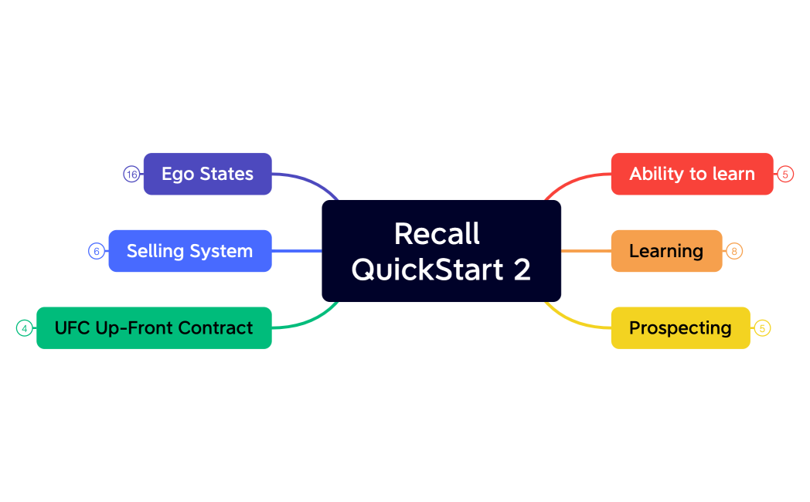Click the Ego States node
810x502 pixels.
point(207,174)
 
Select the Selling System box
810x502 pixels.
point(189,251)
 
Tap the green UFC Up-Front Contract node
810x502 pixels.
point(154,328)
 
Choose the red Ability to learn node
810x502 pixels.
point(692,174)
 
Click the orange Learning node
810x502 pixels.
point(666,251)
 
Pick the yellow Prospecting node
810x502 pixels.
point(680,328)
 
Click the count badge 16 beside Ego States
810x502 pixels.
point(131,175)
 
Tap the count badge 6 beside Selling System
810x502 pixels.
point(97,251)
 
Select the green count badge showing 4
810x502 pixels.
point(25,328)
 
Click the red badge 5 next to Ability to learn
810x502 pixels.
point(785,175)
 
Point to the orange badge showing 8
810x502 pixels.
point(734,251)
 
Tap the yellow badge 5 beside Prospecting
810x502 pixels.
point(762,328)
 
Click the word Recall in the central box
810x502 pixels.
point(437,233)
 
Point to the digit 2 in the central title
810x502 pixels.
point(522,270)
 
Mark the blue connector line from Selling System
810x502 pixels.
point(297,251)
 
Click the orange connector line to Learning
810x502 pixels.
point(586,251)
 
